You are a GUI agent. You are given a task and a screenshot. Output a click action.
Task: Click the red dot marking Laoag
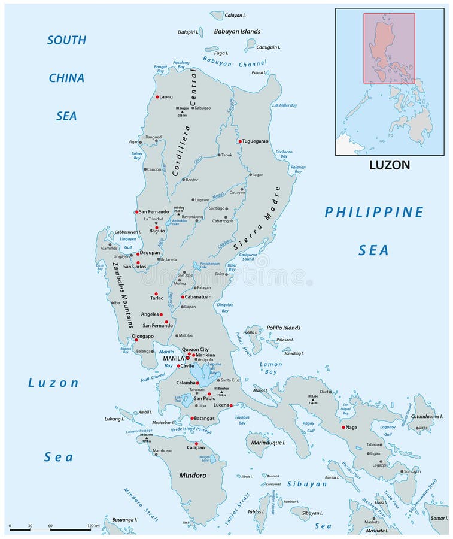coord(157,96)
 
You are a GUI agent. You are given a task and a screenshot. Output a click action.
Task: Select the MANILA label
coord(174,359)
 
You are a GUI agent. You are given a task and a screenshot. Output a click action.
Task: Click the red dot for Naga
coord(343,427)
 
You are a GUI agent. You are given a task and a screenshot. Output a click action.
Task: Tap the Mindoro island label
coord(193,475)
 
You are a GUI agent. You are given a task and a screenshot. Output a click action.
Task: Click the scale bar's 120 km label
coord(93,525)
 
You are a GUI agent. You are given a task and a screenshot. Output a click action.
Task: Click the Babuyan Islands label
coord(237,31)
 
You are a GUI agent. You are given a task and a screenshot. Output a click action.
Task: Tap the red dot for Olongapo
coord(136,340)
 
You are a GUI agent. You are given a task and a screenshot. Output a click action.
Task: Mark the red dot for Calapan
coord(196,444)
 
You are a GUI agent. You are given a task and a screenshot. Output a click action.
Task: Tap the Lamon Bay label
coord(270,368)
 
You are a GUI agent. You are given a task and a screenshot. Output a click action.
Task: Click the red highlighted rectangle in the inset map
coord(389,48)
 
